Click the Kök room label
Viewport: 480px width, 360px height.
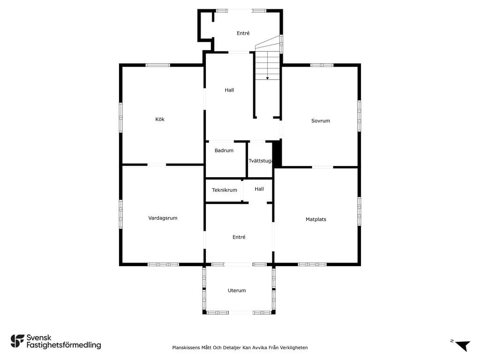[x=160, y=120]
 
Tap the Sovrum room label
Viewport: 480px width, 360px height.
[x=321, y=121]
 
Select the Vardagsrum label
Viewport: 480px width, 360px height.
[x=163, y=218]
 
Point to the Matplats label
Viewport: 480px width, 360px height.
[x=316, y=219]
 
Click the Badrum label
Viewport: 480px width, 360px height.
[x=224, y=150]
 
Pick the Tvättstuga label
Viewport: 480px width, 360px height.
[x=261, y=161]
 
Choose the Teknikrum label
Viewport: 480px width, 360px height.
[x=225, y=190]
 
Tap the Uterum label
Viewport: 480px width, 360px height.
[x=237, y=291]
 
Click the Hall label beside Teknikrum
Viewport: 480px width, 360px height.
[x=259, y=189]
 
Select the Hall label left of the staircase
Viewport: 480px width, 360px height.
[x=229, y=90]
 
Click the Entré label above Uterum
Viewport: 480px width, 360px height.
[x=239, y=237]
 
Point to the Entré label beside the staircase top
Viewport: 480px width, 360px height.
[x=243, y=33]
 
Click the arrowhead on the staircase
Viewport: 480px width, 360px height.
[x=267, y=78]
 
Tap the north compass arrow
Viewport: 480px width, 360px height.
[x=463, y=345]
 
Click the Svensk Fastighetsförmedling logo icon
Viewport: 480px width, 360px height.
[x=17, y=341]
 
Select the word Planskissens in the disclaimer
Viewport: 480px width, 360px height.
[x=186, y=348]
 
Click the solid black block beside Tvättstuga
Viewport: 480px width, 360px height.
[x=277, y=153]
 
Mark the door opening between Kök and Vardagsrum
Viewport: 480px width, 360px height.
[x=157, y=165]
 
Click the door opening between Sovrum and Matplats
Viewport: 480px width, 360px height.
[x=322, y=167]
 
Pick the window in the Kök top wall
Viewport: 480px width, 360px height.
[x=157, y=65]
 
